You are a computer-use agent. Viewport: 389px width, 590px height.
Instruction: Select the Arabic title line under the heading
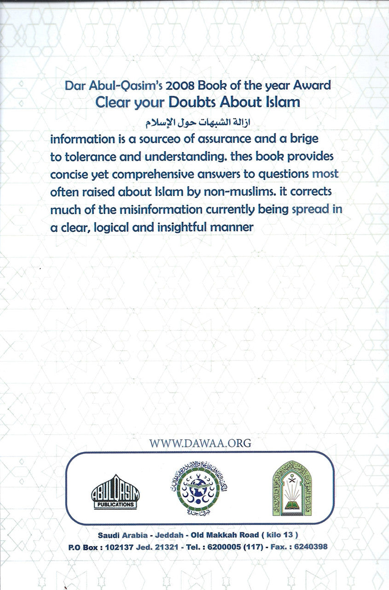pyautogui.click(x=196, y=123)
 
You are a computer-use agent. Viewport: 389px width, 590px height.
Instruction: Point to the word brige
pyautogui.click(x=299, y=138)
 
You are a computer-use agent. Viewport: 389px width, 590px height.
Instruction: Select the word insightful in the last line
pyautogui.click(x=186, y=227)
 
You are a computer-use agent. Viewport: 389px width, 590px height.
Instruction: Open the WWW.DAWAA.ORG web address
pyautogui.click(x=200, y=443)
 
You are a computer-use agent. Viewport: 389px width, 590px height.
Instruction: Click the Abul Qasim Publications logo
pyautogui.click(x=115, y=492)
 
